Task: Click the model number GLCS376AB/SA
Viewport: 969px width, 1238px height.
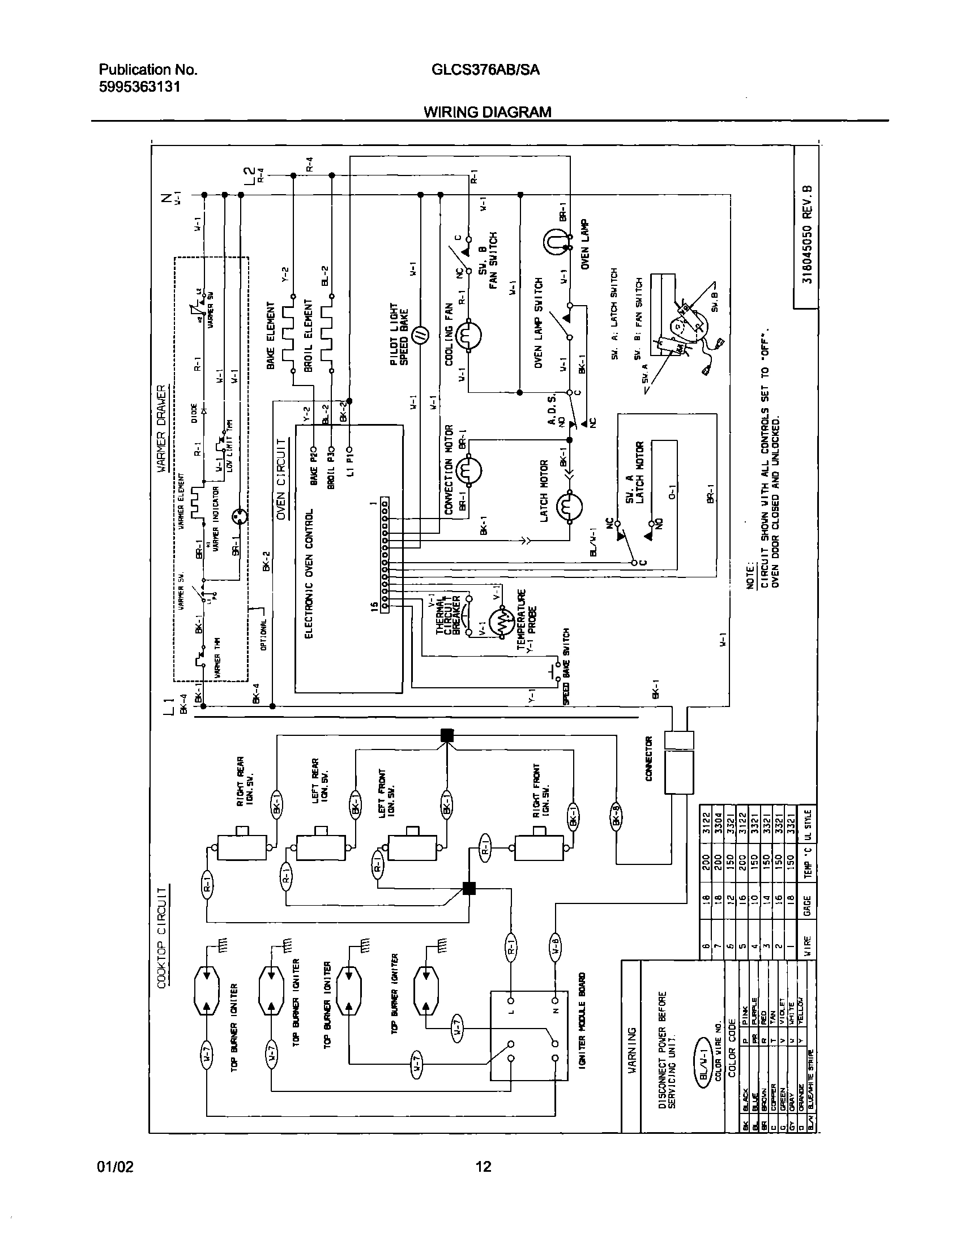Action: [485, 70]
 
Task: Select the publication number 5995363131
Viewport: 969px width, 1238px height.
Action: [139, 87]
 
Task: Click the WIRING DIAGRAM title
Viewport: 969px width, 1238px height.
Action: [488, 112]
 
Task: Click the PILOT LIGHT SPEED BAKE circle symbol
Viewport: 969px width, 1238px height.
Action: [420, 336]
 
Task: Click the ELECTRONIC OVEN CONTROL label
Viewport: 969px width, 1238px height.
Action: [309, 573]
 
